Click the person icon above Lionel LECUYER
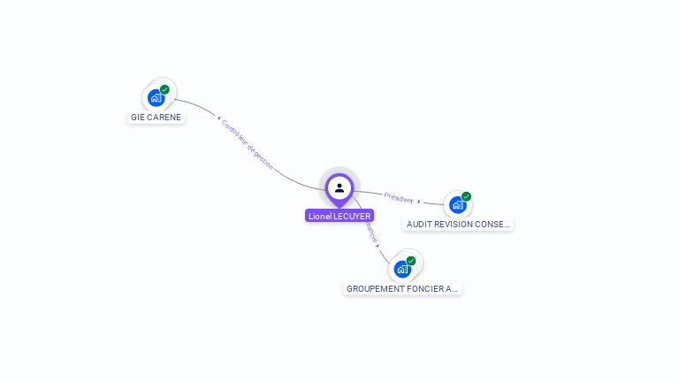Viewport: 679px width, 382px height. pos(339,187)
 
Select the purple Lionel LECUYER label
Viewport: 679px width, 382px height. pos(339,216)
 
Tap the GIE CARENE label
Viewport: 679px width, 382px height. pos(156,117)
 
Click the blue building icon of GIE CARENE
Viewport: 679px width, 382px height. pos(156,98)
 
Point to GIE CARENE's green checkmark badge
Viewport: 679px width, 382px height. pos(164,89)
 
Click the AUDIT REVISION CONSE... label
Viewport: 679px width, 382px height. pos(458,225)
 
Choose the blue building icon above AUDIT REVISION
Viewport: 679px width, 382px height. pos(457,205)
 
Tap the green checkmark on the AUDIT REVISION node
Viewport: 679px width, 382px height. pos(466,196)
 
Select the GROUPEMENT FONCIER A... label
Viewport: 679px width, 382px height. pos(402,289)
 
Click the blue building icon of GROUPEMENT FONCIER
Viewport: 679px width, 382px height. pos(402,269)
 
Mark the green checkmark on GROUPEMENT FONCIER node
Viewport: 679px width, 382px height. pos(411,261)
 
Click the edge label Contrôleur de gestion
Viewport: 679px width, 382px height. pos(248,144)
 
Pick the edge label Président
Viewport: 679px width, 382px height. pos(399,197)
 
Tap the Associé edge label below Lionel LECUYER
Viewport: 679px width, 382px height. pos(371,232)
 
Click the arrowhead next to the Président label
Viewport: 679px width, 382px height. pos(419,201)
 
